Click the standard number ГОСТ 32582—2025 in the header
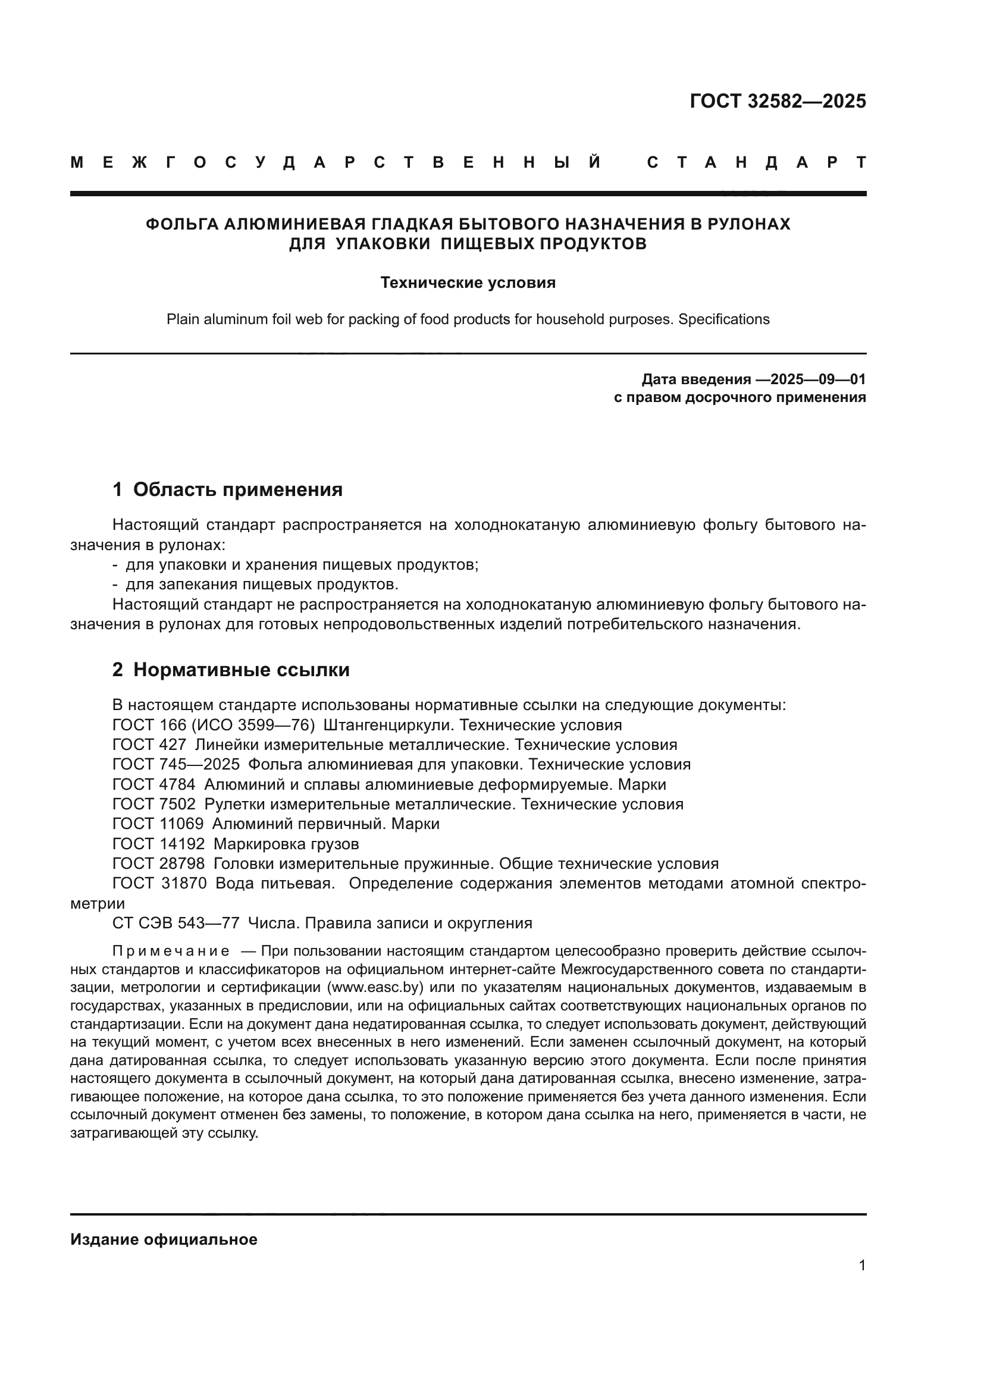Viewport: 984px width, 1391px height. tap(778, 101)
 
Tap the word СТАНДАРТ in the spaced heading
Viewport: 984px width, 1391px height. tap(756, 162)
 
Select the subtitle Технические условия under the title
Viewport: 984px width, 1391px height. tap(468, 283)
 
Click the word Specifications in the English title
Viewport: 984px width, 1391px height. tap(723, 319)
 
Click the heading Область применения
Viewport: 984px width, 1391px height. tap(237, 489)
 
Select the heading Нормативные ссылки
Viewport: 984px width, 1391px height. tap(241, 670)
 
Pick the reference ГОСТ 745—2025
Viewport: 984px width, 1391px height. tap(176, 765)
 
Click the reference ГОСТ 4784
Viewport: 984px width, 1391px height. tap(154, 784)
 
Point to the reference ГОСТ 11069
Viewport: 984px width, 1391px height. tap(158, 824)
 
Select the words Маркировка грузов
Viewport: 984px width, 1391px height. tap(286, 844)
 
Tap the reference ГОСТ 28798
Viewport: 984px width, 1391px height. tap(158, 864)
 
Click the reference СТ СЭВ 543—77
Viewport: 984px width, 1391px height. tap(176, 924)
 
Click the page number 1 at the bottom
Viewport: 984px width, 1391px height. tap(862, 1266)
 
